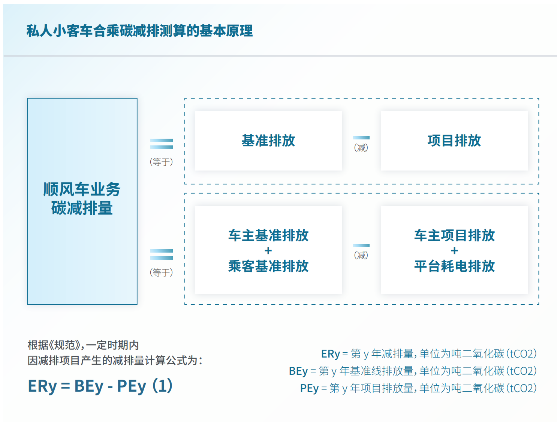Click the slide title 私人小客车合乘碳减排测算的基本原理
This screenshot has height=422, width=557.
[139, 31]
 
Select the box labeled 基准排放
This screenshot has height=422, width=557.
[268, 141]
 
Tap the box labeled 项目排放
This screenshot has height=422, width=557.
[454, 141]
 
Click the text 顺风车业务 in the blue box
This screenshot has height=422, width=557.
[82, 189]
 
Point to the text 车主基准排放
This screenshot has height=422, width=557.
[268, 235]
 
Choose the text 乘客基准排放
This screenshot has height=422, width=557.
[268, 266]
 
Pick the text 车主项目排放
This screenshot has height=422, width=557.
[454, 235]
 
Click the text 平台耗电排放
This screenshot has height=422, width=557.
[454, 266]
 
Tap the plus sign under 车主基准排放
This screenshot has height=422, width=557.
[268, 251]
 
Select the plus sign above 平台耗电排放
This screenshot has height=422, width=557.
[454, 251]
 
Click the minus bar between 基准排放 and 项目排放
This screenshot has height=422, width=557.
[361, 138]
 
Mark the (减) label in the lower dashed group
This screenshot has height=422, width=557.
[361, 255]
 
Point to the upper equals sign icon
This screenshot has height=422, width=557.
[162, 144]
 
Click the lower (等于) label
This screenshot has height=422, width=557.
[162, 272]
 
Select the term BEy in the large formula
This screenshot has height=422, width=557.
[89, 386]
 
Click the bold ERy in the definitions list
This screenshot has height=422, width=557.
[330, 354]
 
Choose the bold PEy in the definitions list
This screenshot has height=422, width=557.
[309, 388]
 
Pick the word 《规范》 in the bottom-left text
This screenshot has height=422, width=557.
[64, 345]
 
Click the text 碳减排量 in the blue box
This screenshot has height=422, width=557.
[82, 208]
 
